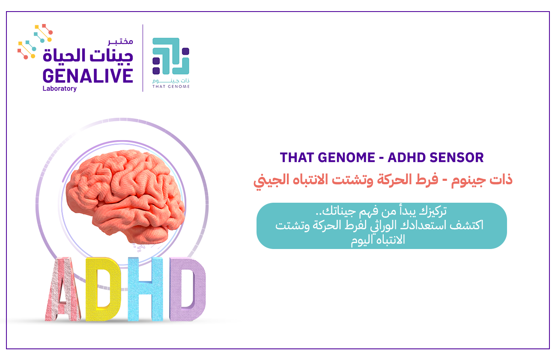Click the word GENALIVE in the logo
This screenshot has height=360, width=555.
tap(88, 75)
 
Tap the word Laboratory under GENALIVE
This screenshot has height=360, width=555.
tap(60, 89)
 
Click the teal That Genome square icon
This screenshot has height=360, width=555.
tap(171, 56)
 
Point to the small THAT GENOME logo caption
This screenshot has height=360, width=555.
tap(171, 86)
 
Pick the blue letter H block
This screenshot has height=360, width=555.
tap(146, 289)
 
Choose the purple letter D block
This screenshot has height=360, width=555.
tap(188, 289)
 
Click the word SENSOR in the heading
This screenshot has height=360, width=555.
tap(457, 157)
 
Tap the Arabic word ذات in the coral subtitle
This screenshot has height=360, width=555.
tap(501, 180)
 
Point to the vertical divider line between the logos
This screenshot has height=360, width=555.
tap(143, 58)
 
